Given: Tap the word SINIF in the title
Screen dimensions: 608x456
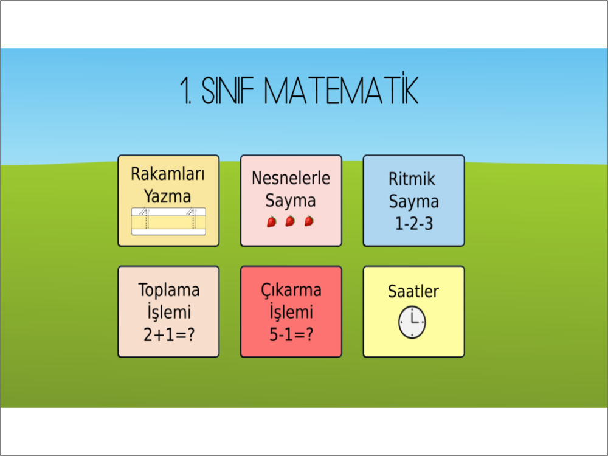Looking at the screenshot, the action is (x=227, y=91).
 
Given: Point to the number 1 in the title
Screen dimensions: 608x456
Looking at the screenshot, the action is (x=185, y=91).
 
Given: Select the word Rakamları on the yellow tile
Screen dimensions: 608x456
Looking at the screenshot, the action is (x=168, y=174).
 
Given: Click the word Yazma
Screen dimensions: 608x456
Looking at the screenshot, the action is (x=168, y=196).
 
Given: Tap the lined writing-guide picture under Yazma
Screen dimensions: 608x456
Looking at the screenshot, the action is (x=168, y=221).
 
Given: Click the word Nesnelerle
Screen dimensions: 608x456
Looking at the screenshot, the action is (x=291, y=178).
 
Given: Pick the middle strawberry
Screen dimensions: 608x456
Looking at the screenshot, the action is (x=290, y=221).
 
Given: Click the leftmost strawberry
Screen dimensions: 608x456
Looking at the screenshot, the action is (x=271, y=221).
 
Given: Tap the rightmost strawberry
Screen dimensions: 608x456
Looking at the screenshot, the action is (x=309, y=221).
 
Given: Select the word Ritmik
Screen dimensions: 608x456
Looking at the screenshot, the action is (x=412, y=179).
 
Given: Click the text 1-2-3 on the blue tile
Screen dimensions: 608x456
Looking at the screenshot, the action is (x=413, y=224).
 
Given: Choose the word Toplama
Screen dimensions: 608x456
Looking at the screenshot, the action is (x=169, y=290).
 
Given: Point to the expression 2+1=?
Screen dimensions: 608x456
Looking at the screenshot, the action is (x=169, y=334).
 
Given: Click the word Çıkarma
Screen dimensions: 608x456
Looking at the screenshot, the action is (x=291, y=290).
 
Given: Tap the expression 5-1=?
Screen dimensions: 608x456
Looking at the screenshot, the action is (x=291, y=334).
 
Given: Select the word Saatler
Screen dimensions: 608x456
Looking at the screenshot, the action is (x=413, y=292).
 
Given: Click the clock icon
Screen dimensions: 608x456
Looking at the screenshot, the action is (x=412, y=323).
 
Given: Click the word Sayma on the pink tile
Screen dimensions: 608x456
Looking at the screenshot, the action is (x=291, y=201).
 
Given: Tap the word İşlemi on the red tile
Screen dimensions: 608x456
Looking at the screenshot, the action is (x=291, y=312).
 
